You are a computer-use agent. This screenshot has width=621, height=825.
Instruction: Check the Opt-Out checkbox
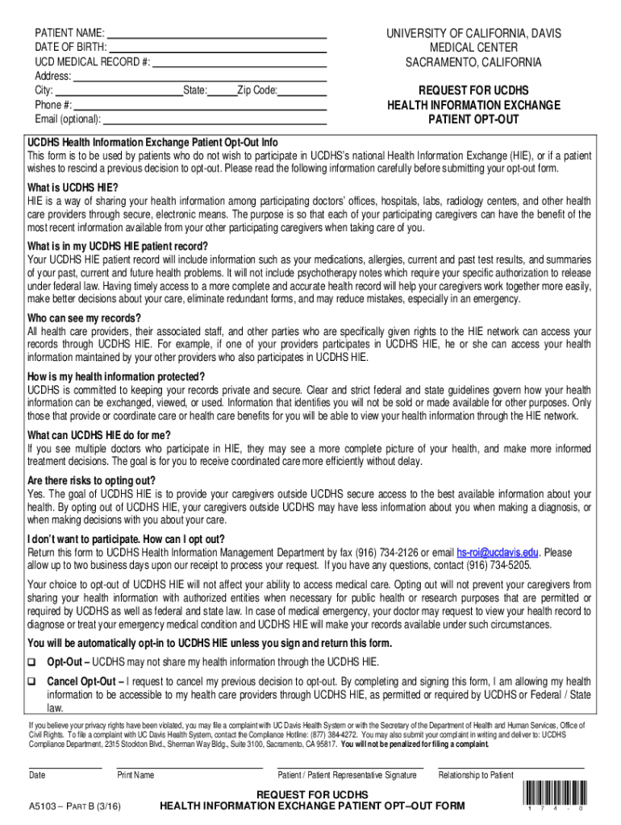[33, 662]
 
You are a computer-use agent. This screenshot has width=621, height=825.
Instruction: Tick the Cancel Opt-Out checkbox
[33, 681]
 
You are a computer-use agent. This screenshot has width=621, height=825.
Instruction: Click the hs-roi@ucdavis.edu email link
[498, 553]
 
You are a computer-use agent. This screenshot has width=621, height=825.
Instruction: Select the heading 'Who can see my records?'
[84, 317]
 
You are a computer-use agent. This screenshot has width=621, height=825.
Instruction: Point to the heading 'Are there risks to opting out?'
[91, 480]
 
